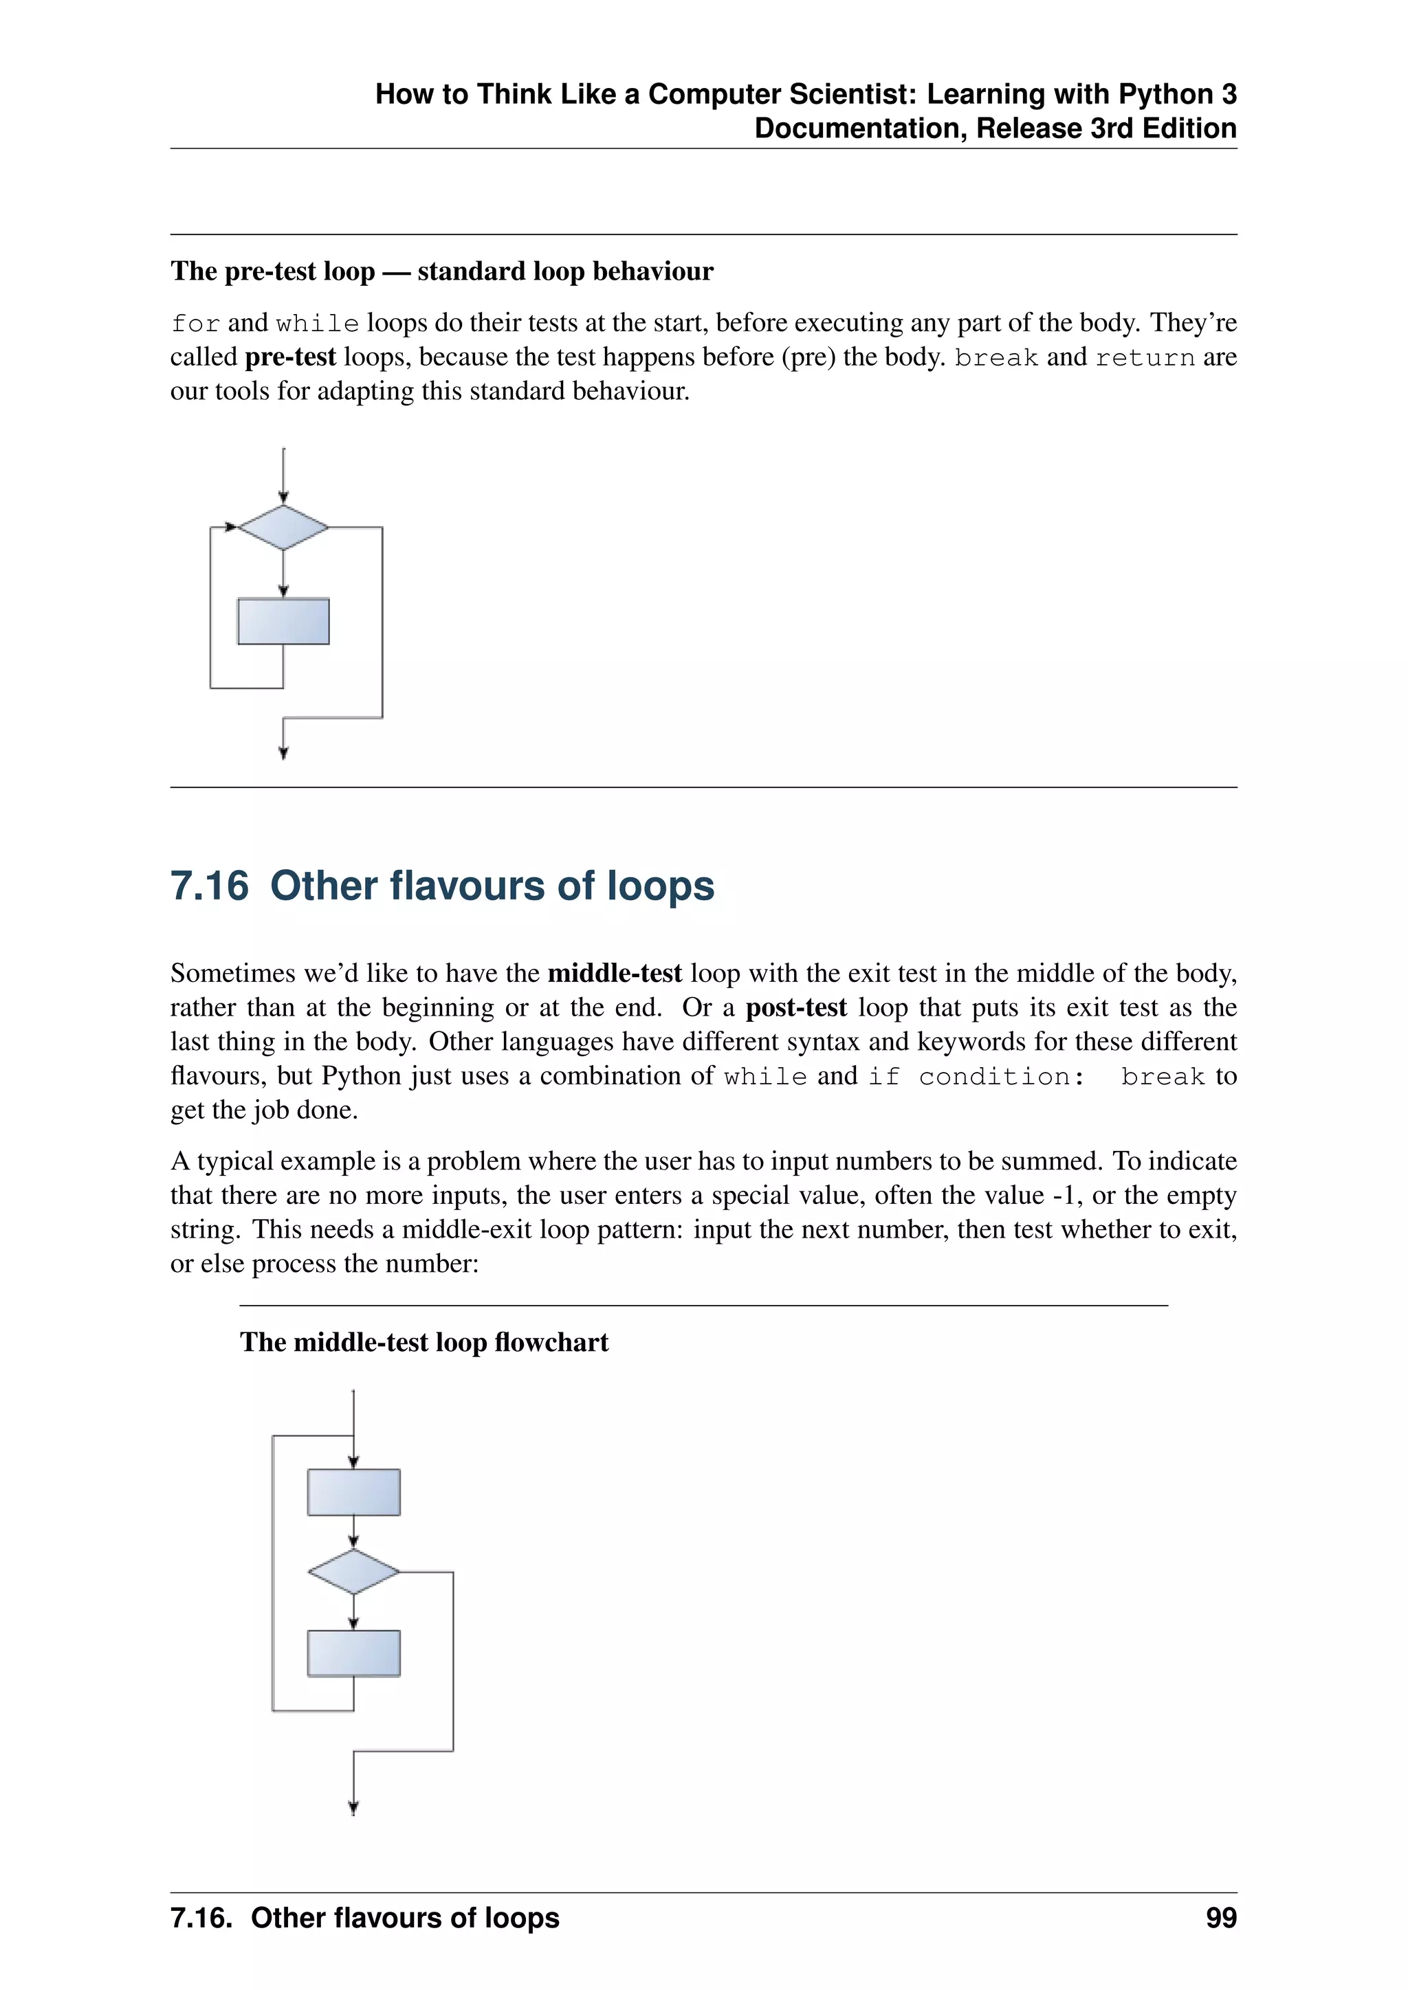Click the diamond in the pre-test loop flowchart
(283, 527)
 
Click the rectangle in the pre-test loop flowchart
(283, 621)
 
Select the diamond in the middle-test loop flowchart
(354, 1572)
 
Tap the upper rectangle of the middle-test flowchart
(354, 1492)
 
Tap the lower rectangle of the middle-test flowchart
(354, 1653)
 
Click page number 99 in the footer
(1221, 1917)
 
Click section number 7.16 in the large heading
(210, 886)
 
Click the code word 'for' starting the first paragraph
(195, 323)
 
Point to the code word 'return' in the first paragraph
(1145, 358)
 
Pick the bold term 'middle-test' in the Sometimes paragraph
(615, 973)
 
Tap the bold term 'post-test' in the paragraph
(796, 1008)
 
